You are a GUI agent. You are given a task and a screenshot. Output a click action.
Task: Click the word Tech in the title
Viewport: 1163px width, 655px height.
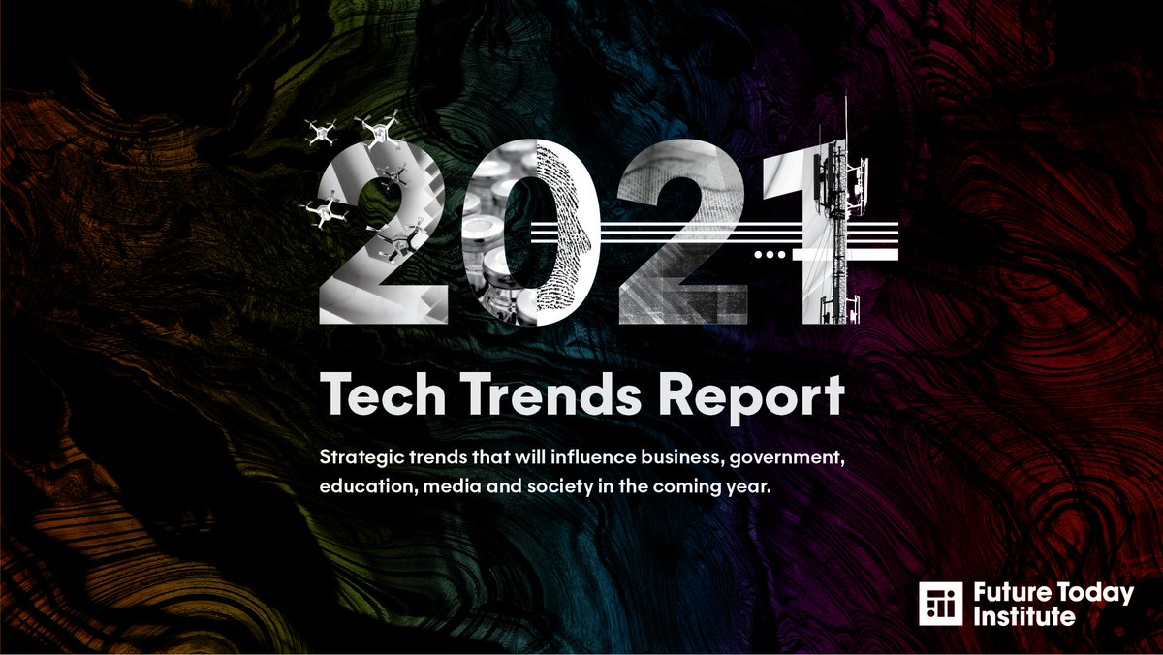(x=379, y=396)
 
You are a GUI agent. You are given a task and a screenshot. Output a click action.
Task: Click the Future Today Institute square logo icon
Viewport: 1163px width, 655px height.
(x=940, y=604)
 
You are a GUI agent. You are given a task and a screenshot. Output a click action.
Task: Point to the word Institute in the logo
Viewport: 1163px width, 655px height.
(x=1024, y=616)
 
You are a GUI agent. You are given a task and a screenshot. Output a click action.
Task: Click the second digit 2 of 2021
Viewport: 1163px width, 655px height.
(x=683, y=233)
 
